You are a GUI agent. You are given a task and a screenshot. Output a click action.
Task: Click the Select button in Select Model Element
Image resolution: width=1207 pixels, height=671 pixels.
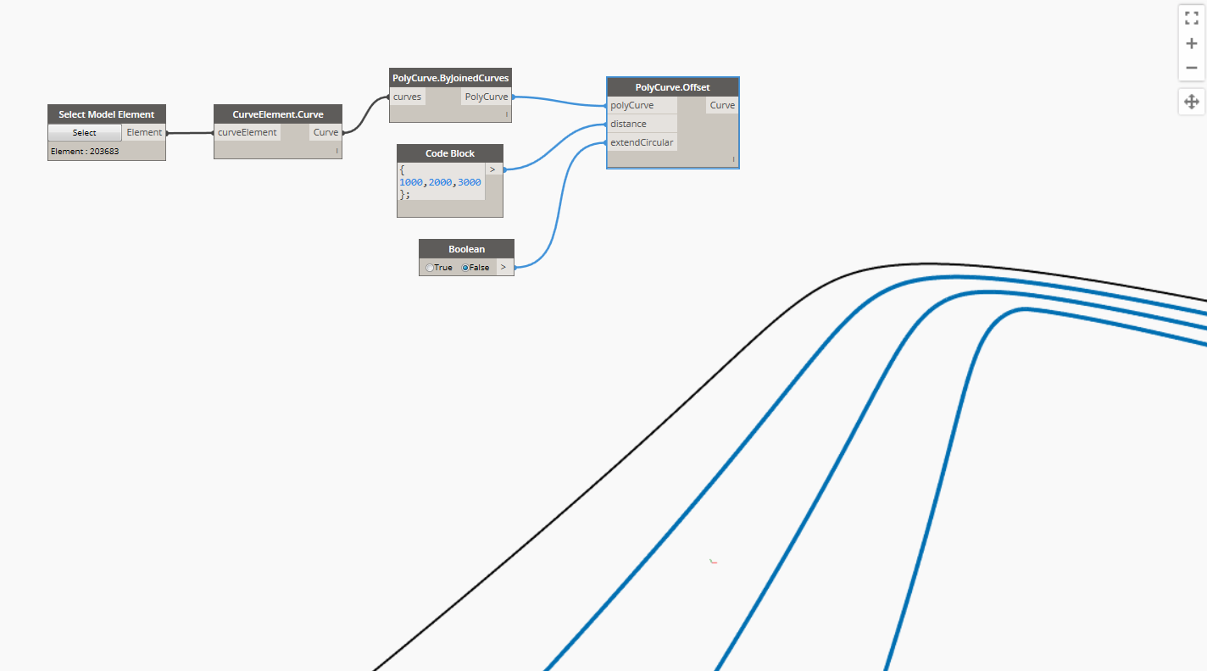point(84,133)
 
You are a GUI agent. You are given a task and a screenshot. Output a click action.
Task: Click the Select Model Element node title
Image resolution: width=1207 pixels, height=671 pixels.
point(107,114)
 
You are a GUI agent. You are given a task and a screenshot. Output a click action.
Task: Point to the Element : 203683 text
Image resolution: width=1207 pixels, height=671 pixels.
point(85,152)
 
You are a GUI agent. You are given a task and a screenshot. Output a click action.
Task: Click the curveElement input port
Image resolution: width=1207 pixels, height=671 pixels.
point(248,132)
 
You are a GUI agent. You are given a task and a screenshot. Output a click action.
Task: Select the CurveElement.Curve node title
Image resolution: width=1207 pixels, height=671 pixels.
point(278,114)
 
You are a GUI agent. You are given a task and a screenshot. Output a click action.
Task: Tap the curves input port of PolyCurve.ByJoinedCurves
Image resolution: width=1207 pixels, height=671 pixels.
point(408,97)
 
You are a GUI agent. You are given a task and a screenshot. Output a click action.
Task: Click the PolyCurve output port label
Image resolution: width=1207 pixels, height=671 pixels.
point(487,97)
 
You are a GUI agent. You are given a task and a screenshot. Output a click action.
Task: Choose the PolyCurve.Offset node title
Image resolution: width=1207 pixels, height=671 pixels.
point(673,87)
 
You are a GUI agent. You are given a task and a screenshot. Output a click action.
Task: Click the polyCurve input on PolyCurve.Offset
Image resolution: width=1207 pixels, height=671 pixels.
point(632,105)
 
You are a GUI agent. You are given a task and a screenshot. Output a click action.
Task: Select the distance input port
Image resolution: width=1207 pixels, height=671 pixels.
point(629,124)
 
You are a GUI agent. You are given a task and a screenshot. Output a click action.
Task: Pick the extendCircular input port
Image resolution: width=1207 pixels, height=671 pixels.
point(642,142)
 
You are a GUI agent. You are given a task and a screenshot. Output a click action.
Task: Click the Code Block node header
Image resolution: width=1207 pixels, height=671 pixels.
point(450,153)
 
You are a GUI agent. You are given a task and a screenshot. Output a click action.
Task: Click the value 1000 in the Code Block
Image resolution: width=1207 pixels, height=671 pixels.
point(411,182)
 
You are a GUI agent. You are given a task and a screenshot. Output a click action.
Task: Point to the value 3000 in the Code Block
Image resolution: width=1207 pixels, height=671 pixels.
point(469,182)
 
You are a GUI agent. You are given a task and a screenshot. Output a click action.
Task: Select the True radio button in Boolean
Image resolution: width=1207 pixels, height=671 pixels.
point(430,268)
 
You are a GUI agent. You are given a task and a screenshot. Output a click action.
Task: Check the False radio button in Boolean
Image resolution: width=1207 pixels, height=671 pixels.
point(464,268)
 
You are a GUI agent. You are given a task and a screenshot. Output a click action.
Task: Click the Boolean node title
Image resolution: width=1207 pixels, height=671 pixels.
point(466,249)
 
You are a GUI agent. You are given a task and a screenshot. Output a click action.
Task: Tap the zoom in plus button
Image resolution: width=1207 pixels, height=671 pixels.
point(1191,43)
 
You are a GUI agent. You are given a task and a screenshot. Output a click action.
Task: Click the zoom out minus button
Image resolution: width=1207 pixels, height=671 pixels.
point(1191,68)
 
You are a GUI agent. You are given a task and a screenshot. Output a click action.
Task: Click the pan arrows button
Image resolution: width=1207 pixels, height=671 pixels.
point(1191,103)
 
